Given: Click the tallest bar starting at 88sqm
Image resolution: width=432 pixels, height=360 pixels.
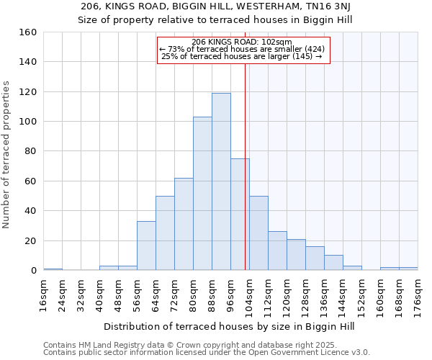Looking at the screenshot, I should tap(221, 181).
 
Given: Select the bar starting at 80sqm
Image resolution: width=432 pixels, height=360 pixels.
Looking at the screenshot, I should tap(202, 194).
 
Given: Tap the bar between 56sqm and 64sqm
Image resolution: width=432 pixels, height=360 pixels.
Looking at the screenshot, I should tap(146, 246).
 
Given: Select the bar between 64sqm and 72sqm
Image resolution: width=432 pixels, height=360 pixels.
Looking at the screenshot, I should tap(165, 233).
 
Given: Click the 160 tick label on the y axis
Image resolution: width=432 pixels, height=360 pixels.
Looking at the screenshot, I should tap(28, 32).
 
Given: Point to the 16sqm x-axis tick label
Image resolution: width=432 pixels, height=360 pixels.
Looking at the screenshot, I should tap(44, 294).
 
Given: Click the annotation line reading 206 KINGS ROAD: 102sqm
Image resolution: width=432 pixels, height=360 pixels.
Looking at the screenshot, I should tap(243, 42).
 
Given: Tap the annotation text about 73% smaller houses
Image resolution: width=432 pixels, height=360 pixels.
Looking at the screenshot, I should tap(243, 49).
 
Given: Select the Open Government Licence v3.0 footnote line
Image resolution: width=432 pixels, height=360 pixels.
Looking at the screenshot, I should tap(207, 353).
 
